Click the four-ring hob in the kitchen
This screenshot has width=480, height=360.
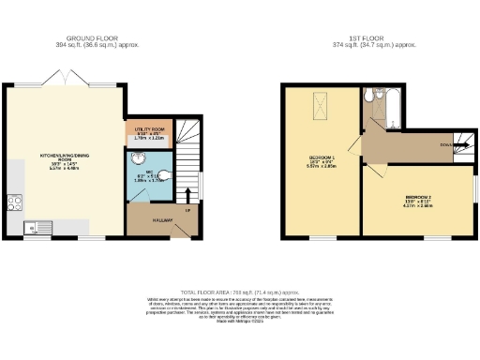point(16,201)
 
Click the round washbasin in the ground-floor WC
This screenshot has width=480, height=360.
point(160,172)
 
